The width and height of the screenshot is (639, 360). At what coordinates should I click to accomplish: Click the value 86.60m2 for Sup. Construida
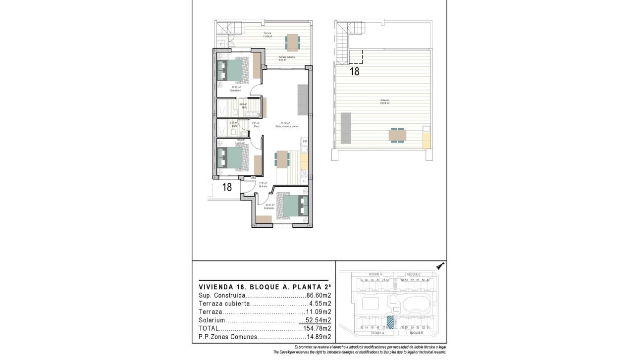[319, 295]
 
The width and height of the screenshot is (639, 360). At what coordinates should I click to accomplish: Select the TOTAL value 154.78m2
[317, 328]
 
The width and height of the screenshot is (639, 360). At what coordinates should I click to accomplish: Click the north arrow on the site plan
[440, 266]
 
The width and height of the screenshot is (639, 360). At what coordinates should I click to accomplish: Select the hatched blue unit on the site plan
[390, 321]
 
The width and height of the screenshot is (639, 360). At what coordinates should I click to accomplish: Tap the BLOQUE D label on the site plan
[375, 274]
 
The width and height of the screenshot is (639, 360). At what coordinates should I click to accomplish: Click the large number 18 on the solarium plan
[355, 71]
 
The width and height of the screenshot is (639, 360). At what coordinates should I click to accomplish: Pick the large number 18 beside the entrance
[227, 187]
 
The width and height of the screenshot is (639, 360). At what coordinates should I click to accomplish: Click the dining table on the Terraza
[292, 42]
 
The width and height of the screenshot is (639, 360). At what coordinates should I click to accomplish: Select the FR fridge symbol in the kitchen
[305, 142]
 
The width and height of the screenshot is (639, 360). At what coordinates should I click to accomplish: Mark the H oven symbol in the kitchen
[304, 181]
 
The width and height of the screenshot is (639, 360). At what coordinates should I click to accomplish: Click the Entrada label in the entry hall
[263, 186]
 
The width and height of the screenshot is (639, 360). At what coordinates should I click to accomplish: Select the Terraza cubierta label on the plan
[286, 58]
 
